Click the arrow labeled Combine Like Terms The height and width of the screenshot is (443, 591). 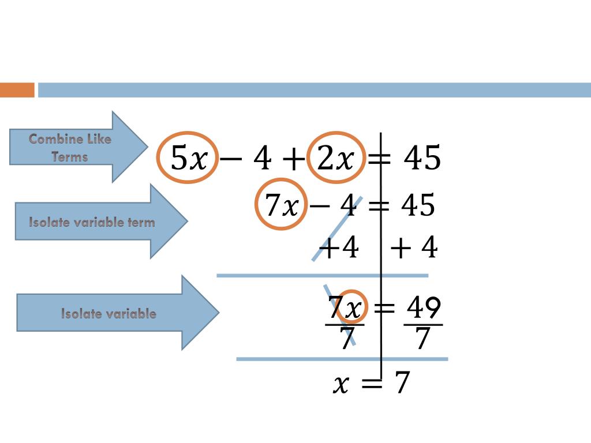click(78, 147)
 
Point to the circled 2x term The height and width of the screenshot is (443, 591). click(336, 158)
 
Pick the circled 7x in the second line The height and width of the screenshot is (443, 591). click(281, 204)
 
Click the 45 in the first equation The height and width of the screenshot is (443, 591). click(422, 157)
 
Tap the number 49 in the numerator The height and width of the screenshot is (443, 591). click(424, 308)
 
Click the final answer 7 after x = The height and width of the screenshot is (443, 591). click(402, 382)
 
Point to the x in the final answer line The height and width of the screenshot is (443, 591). click(341, 383)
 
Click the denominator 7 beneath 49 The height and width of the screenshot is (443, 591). click(422, 339)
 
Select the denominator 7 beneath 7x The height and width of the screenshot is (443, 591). click(346, 339)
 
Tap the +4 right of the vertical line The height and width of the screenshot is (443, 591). click(414, 248)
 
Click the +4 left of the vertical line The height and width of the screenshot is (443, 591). click(339, 249)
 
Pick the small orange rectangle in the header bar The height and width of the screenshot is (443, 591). click(17, 90)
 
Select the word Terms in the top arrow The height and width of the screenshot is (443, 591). click(69, 156)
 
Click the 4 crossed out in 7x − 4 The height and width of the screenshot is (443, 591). click(349, 205)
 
